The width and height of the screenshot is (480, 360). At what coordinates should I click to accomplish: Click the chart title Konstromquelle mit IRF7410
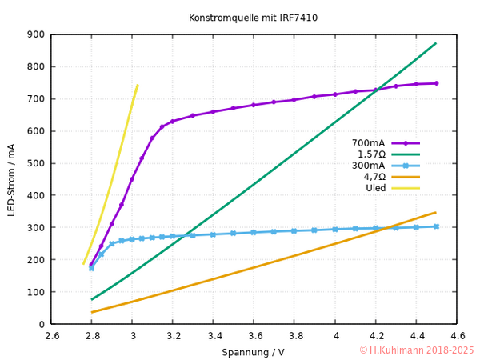coord(240,17)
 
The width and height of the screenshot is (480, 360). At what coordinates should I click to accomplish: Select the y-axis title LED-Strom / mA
coord(11,179)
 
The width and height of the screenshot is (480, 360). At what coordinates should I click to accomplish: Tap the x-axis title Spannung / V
coord(254,352)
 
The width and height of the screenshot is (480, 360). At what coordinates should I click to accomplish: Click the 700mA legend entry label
coord(369,143)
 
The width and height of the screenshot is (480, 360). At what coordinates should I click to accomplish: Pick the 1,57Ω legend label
coord(371,154)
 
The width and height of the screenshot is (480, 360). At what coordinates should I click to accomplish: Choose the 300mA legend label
coord(369,166)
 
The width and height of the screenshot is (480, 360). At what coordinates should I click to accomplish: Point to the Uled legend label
coord(375,188)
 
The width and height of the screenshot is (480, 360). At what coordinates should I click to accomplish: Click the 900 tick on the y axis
coord(34,34)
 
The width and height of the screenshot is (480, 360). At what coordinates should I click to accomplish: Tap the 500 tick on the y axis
coord(34,163)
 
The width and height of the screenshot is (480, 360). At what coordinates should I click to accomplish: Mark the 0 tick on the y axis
coord(41,324)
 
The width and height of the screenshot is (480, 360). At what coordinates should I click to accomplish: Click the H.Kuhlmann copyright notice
coord(416,350)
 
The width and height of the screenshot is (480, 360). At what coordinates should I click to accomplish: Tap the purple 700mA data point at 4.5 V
coord(436,83)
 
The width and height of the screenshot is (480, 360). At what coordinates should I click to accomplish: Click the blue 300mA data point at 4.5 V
coord(436,226)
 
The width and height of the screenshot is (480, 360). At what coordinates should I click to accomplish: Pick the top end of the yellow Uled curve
coord(138,85)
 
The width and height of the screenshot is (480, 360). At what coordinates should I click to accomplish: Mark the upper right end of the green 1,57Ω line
coord(436,43)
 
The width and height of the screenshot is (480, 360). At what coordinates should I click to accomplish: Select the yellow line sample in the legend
coord(406,188)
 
